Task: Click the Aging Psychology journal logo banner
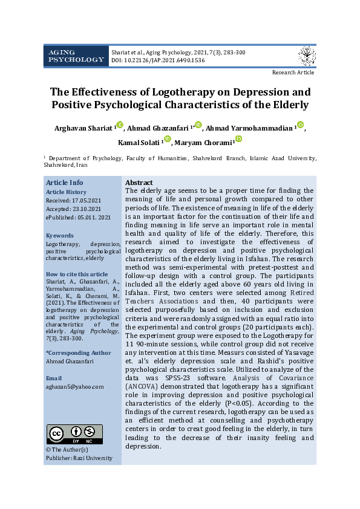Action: [x=76, y=56]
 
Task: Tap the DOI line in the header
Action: [x=157, y=61]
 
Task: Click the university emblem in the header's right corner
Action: [x=307, y=56]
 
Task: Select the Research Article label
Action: [x=293, y=73]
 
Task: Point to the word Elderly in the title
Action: [x=288, y=105]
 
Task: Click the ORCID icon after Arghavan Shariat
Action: [x=119, y=125]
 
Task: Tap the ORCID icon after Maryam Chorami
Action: [x=238, y=140]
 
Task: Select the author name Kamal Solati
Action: [x=139, y=143]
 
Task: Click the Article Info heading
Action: [x=65, y=183]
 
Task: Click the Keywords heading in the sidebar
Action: [x=60, y=236]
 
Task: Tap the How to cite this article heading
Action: [x=77, y=274]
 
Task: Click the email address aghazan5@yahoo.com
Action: [x=74, y=386]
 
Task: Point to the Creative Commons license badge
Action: [x=74, y=434]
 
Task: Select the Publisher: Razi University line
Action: [x=79, y=458]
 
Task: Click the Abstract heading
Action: [x=139, y=183]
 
